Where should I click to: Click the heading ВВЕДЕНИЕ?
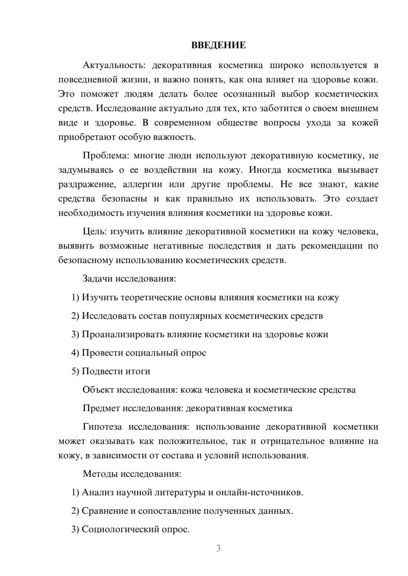pyautogui.click(x=218, y=45)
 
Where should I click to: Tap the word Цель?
pyautogui.click(x=94, y=231)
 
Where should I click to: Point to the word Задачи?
pyautogui.click(x=98, y=279)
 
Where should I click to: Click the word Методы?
pyautogui.click(x=100, y=474)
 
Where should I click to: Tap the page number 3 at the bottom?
pyautogui.click(x=218, y=548)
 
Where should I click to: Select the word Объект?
pyautogui.click(x=98, y=390)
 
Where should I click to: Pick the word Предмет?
pyautogui.click(x=101, y=408)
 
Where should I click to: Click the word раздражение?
pyautogui.click(x=84, y=184)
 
